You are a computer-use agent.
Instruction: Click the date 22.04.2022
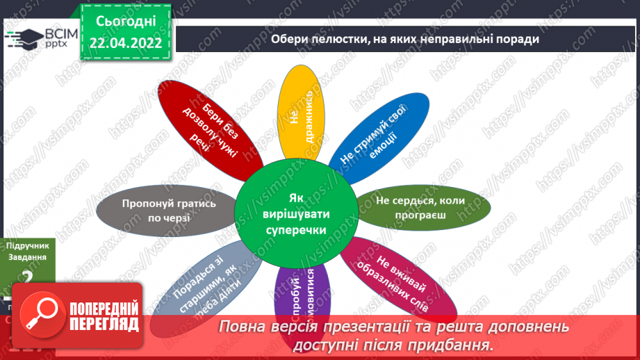[126, 44]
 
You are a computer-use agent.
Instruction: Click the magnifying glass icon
[39, 313]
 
